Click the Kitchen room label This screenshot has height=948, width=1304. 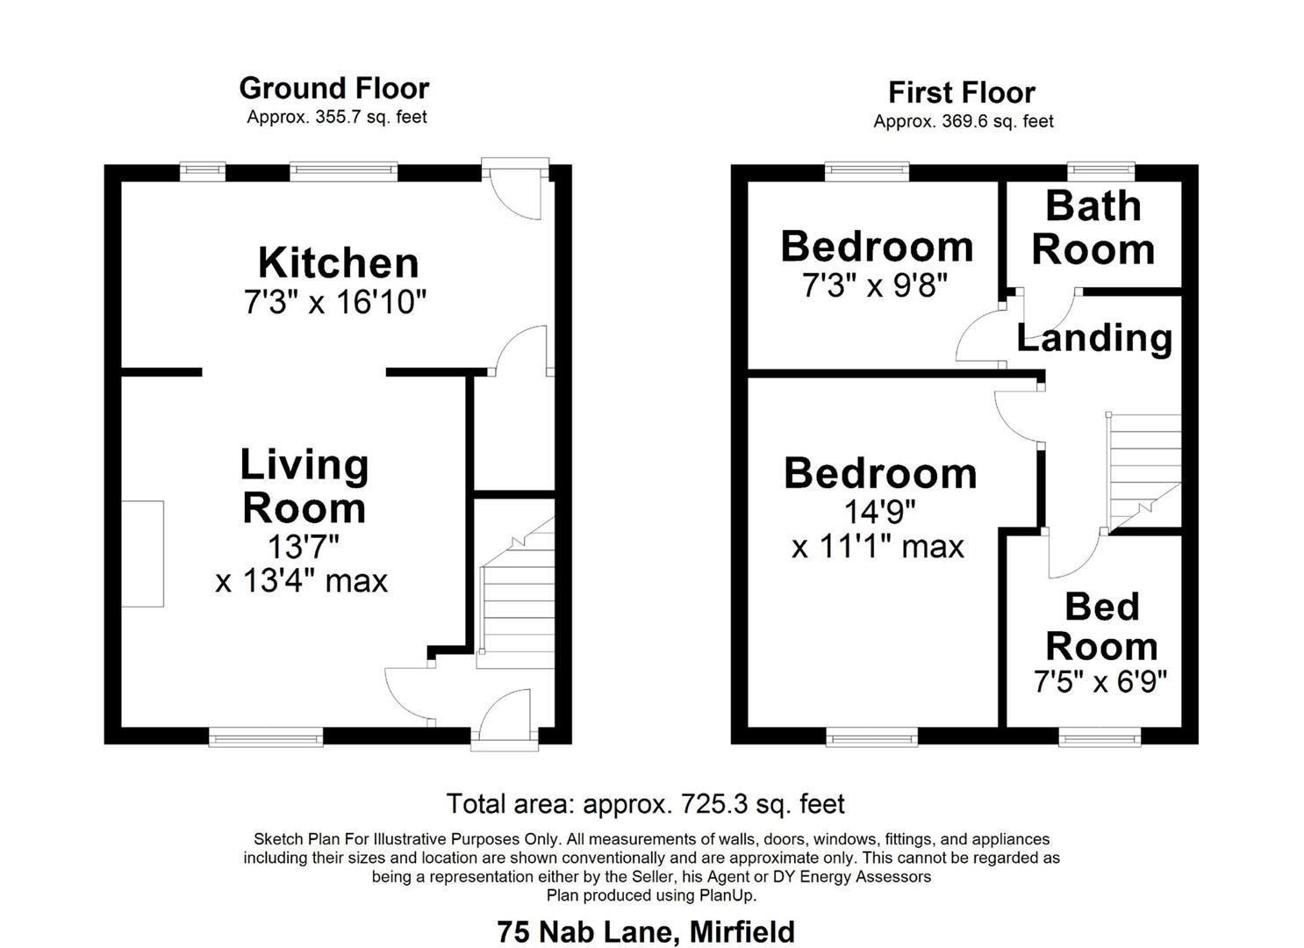point(338,263)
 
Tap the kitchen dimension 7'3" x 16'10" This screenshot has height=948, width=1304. point(334,303)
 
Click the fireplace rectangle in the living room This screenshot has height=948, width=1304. point(142,553)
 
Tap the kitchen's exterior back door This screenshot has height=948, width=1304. point(518,191)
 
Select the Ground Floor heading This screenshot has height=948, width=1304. point(333,89)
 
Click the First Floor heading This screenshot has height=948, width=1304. point(962,92)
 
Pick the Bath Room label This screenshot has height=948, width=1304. point(1093,228)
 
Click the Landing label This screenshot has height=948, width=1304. point(1094,338)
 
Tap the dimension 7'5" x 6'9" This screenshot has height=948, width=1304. point(1100,682)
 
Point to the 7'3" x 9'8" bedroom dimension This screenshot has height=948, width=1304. point(875,285)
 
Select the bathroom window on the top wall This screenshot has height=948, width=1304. point(1100,171)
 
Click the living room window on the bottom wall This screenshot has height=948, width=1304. point(266,738)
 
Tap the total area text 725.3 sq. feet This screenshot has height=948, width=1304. point(645,803)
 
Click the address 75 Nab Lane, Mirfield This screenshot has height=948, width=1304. point(646,931)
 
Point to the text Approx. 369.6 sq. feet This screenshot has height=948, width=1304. point(963,121)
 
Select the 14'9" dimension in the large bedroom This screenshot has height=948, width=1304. point(879,510)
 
